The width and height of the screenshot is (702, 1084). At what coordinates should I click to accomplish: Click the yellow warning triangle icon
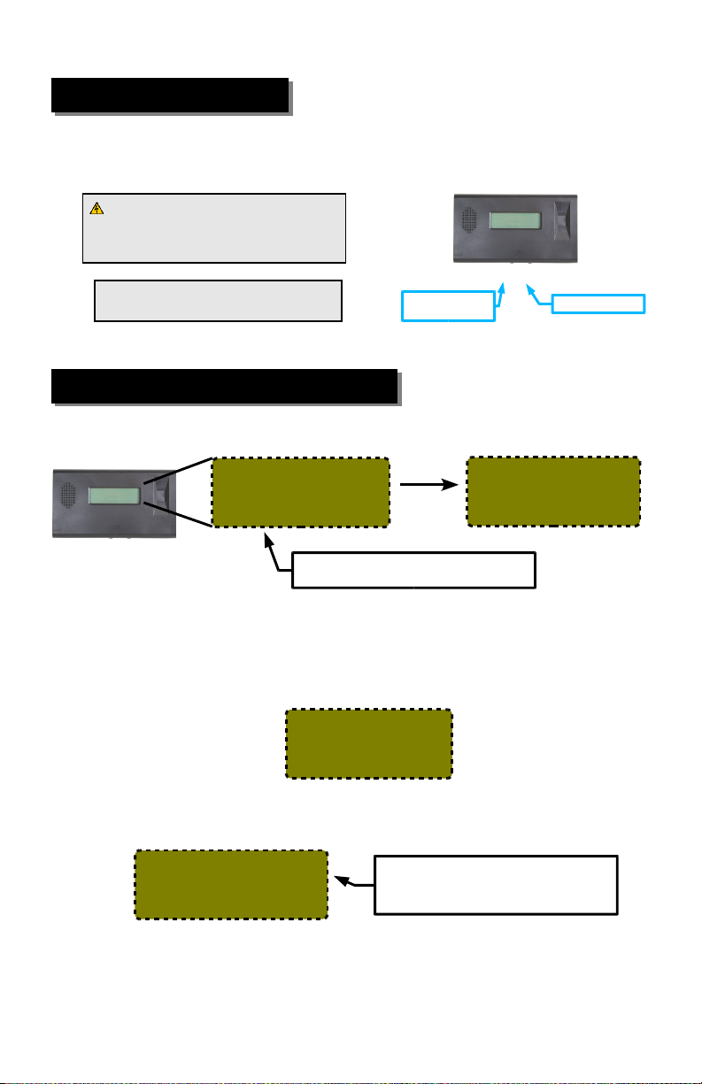tap(97, 209)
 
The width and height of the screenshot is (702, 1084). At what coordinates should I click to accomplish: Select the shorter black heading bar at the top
tap(170, 96)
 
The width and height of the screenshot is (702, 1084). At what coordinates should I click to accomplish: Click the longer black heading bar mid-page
tap(224, 386)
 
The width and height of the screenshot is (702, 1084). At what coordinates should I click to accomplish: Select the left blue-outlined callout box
tap(447, 306)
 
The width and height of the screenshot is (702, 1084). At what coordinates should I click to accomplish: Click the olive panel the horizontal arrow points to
tap(552, 492)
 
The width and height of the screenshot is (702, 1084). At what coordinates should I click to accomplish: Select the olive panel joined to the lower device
tap(300, 492)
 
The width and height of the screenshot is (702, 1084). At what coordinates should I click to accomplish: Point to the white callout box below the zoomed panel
tap(413, 570)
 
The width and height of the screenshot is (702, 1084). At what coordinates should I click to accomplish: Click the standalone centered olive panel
tap(368, 743)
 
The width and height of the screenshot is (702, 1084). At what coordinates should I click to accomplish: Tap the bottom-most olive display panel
tap(230, 885)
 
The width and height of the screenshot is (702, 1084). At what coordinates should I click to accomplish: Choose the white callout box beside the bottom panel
tap(495, 884)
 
